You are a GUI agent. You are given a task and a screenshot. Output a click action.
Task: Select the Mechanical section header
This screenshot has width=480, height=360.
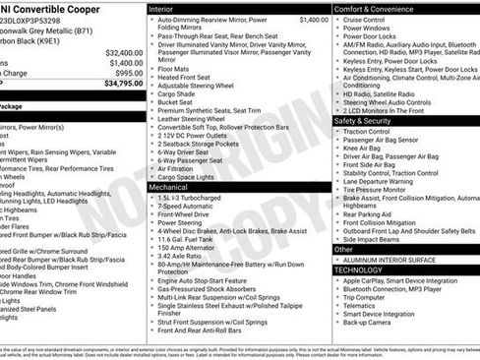point(169,185)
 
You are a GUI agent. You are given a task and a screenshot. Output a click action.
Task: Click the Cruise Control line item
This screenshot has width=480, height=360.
point(364,20)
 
